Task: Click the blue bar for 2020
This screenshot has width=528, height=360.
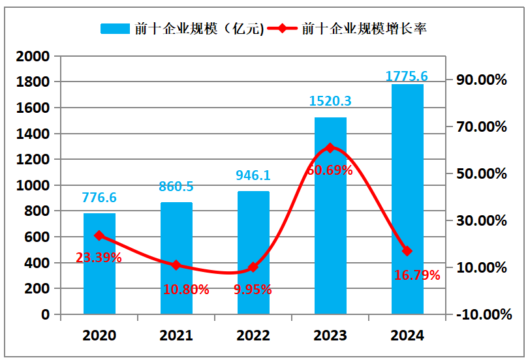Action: tap(99, 263)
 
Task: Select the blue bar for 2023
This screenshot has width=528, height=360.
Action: tap(330, 216)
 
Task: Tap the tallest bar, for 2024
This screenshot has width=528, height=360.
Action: tap(407, 199)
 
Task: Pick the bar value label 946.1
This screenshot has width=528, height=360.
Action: tap(253, 175)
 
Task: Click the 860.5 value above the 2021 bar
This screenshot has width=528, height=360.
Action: tap(176, 187)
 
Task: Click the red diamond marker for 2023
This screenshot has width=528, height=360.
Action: tap(330, 148)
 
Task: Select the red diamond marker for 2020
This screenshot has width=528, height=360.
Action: tap(99, 235)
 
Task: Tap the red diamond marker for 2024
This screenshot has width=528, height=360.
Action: tap(407, 251)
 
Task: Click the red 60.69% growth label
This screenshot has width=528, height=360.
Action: tap(330, 170)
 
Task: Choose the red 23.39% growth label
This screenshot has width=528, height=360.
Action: tap(99, 258)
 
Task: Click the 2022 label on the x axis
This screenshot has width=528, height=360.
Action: tap(253, 335)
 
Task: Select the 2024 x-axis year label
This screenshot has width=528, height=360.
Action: tap(407, 335)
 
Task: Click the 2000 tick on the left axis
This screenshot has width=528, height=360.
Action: tap(33, 57)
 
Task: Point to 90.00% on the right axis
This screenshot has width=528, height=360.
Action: tap(482, 80)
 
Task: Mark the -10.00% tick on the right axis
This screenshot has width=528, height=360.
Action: tap(483, 314)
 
